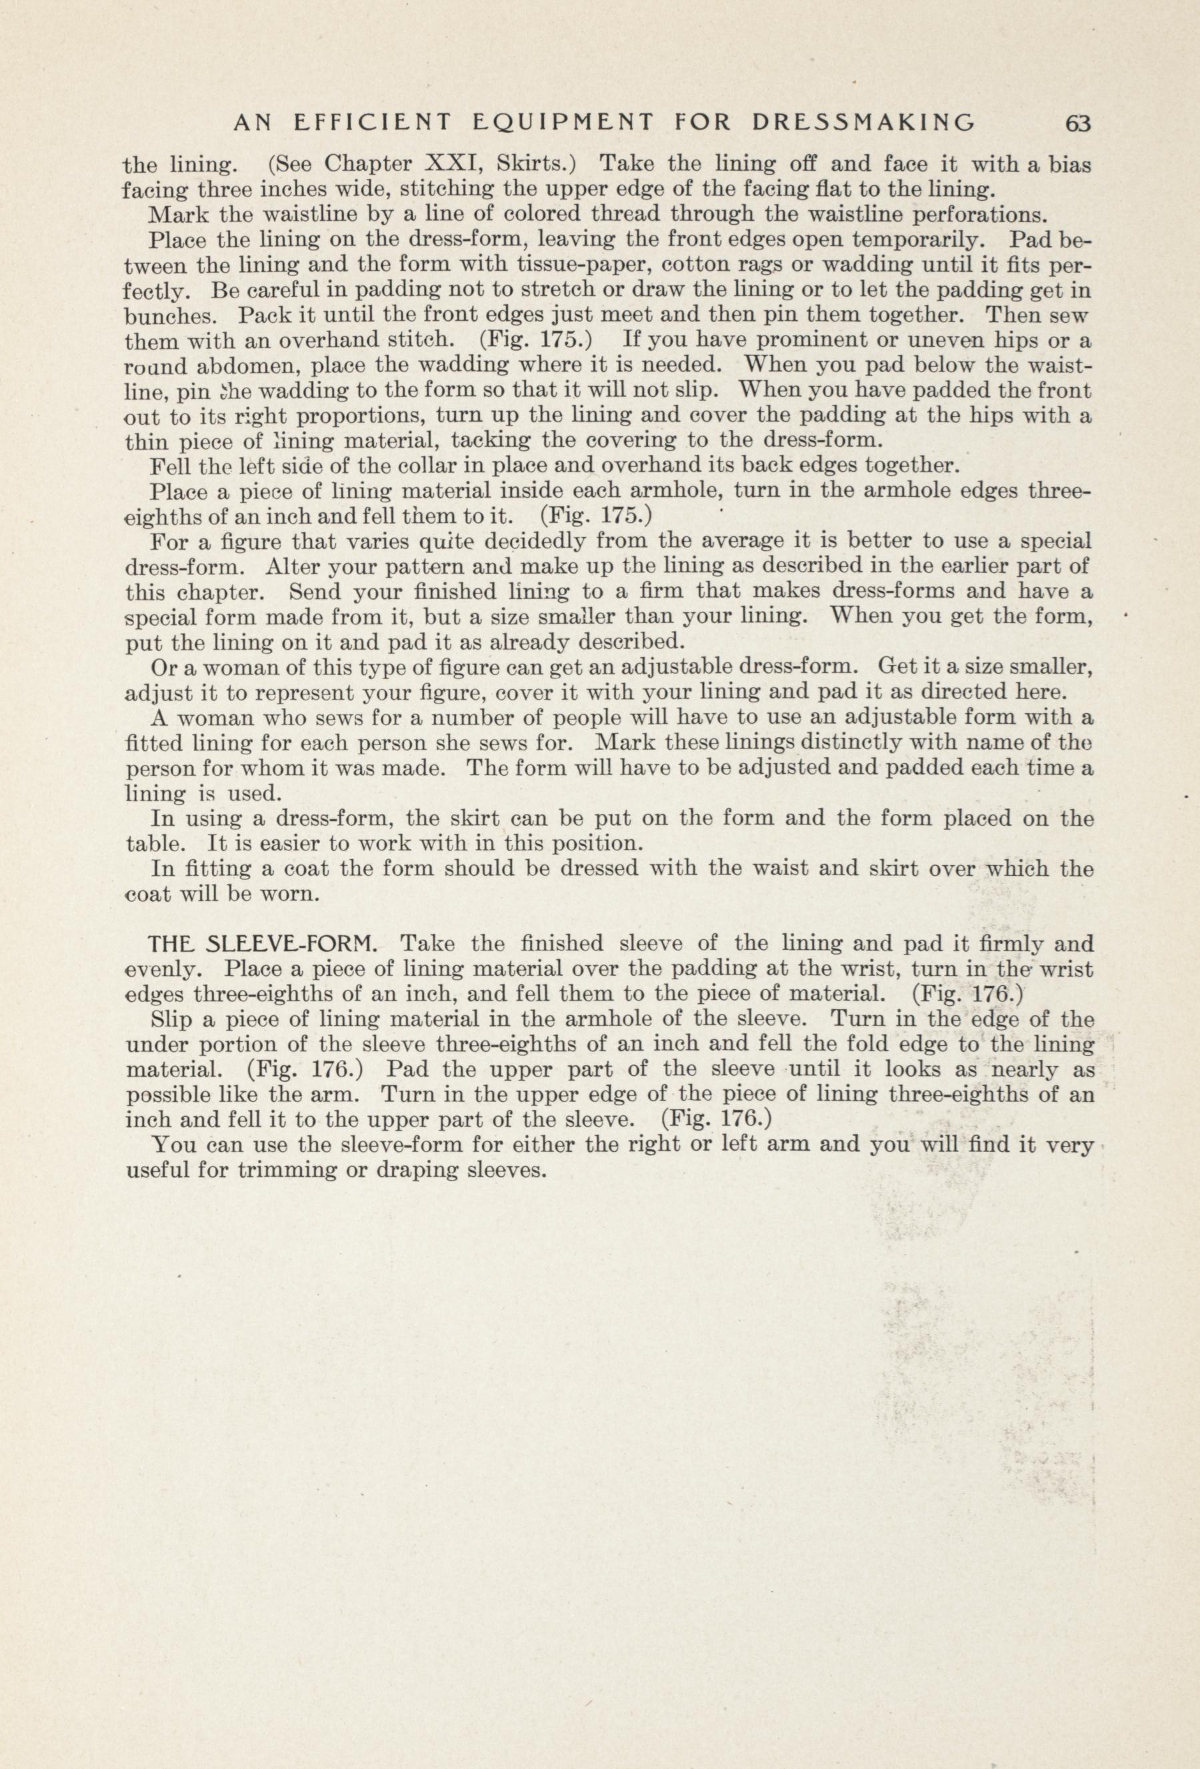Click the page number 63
tap(1079, 123)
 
